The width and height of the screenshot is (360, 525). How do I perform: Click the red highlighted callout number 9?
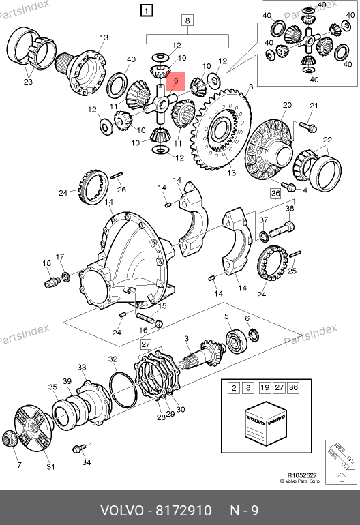[176, 81]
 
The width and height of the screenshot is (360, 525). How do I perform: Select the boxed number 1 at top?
[147, 10]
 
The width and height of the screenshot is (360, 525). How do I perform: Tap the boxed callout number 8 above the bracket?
[187, 20]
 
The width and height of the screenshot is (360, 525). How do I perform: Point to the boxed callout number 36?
[275, 194]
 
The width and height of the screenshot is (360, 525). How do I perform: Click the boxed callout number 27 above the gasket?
[146, 344]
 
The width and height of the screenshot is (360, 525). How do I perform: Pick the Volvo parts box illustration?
[266, 423]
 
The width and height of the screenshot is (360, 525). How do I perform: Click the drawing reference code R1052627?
[302, 475]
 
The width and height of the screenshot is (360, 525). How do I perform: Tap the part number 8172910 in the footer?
[184, 511]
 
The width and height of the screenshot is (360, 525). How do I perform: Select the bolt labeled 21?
[308, 127]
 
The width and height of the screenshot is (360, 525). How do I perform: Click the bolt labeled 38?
[282, 229]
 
